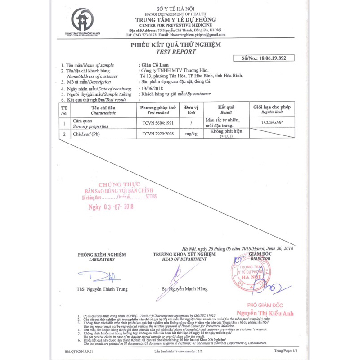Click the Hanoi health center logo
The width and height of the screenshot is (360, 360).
(x=82, y=21)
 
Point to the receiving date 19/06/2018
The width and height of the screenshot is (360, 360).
(x=152, y=88)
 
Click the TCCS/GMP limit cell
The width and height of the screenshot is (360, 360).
(x=271, y=122)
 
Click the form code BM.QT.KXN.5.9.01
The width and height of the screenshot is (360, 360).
(x=80, y=350)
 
